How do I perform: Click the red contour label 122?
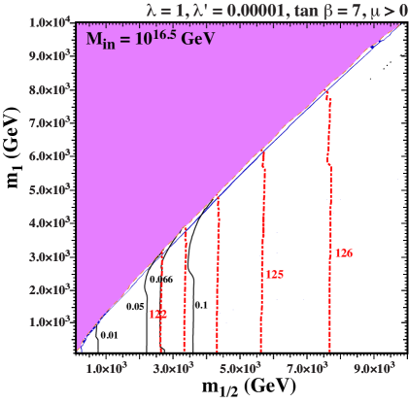(x=157, y=315)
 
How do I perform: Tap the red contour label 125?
(x=274, y=275)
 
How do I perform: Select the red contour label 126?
(x=343, y=252)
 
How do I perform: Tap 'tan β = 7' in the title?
(x=321, y=9)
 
